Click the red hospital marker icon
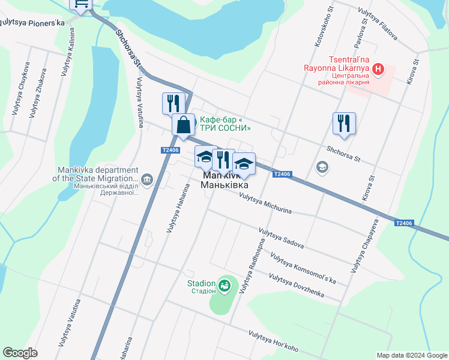tap(378, 70)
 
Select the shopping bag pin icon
tap(184, 125)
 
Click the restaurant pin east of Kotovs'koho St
tap(344, 123)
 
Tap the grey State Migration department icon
tap(148, 178)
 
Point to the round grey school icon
tap(322, 166)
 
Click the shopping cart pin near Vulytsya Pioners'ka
tap(81, 4)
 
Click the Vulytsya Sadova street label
tap(282, 238)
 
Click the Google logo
tap(20, 353)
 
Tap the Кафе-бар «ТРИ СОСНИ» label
tap(224, 123)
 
